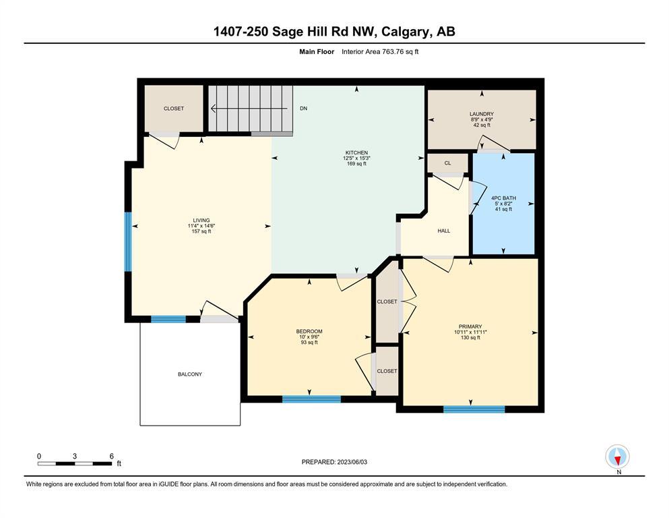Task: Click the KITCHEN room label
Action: point(356,152)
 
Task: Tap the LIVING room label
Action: point(201,221)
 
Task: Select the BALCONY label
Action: point(190,374)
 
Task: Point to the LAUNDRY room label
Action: point(482,114)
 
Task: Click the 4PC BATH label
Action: point(503,198)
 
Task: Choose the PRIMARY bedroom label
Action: point(470,326)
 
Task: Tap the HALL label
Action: point(444,231)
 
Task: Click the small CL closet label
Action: point(447,163)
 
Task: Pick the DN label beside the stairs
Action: point(303,109)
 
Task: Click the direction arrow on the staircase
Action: point(249,109)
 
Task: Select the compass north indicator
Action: point(617,457)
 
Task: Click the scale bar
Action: point(75,463)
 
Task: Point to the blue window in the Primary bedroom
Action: point(474,409)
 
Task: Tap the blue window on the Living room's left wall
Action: point(128,241)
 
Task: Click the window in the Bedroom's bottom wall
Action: point(311,399)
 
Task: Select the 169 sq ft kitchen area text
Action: point(356,163)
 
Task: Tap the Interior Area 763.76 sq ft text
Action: point(380,52)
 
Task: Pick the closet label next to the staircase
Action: point(174,109)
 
